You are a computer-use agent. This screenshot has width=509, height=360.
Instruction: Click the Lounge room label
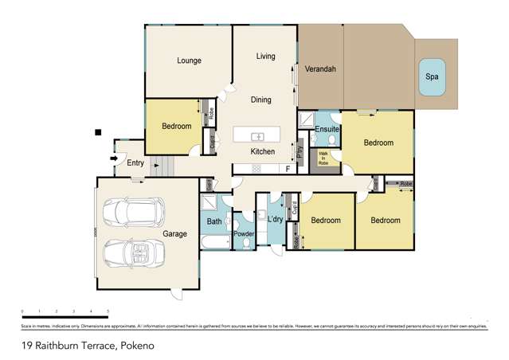coord(189,61)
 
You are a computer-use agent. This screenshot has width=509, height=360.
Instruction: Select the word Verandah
coord(321,69)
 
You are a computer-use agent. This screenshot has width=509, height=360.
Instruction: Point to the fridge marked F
coord(288,168)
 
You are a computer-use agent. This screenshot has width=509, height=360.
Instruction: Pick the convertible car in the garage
coord(135,255)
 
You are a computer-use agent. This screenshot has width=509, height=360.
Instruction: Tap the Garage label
coord(174,234)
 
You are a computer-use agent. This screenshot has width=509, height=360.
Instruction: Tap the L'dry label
coord(276,220)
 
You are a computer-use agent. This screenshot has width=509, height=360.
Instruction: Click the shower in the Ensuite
coord(306,119)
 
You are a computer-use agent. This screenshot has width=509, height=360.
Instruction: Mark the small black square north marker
coord(97,131)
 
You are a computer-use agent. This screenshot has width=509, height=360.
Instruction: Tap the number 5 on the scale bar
coord(108,311)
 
